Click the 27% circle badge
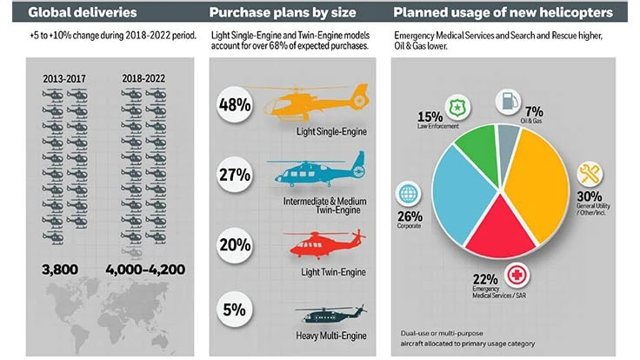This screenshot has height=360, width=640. click(x=235, y=173)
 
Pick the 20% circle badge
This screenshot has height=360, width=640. click(x=235, y=243)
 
